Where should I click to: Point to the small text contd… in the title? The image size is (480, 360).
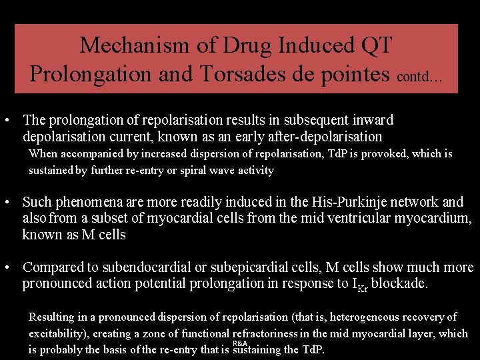tap(419, 77)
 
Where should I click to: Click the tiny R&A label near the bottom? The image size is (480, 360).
tap(239, 343)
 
